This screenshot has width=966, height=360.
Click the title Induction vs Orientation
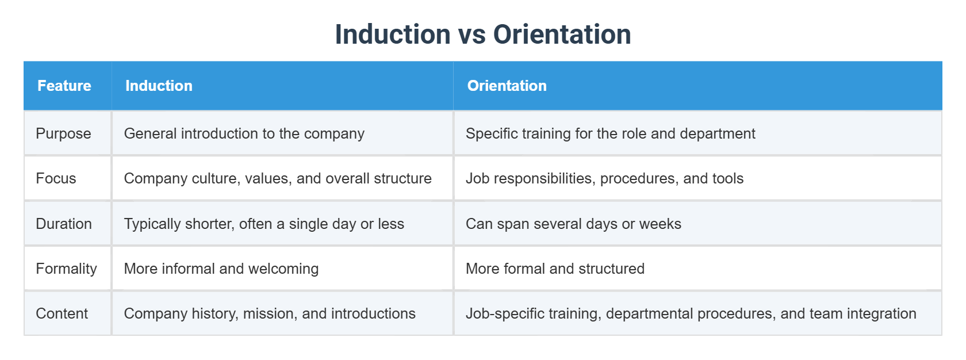click(x=483, y=35)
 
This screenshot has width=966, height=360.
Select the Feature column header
click(x=64, y=86)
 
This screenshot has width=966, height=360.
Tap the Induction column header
click(x=159, y=86)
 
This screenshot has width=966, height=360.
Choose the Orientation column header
click(x=507, y=86)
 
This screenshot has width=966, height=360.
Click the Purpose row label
click(x=63, y=133)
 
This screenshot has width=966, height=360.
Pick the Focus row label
click(x=56, y=178)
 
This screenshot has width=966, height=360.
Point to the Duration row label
click(x=64, y=224)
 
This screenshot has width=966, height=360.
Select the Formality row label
click(x=66, y=269)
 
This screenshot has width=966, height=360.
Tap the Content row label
click(x=62, y=313)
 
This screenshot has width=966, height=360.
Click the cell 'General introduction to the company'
click(x=244, y=133)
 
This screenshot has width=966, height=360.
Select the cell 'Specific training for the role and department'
click(x=610, y=133)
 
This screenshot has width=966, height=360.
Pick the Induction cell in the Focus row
click(x=278, y=178)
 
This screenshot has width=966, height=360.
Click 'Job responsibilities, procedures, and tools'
click(x=604, y=178)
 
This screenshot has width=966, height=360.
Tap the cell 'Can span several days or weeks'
click(x=573, y=224)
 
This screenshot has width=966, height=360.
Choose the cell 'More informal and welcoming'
click(x=221, y=269)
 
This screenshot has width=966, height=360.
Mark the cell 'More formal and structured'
click(x=555, y=269)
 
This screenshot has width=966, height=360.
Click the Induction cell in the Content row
click(x=270, y=313)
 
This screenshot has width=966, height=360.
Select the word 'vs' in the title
click(x=472, y=35)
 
